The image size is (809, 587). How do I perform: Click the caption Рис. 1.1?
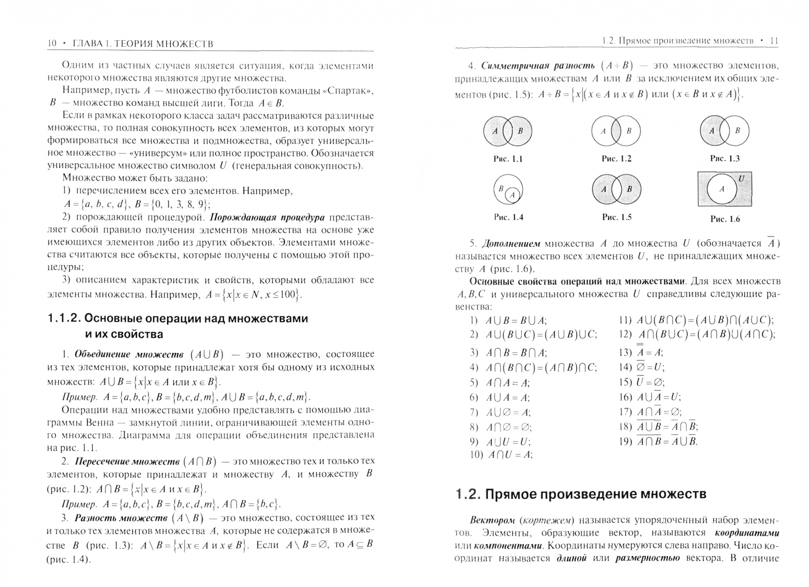(508, 159)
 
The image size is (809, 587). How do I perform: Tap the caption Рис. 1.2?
(616, 159)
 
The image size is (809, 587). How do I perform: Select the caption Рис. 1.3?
(725, 159)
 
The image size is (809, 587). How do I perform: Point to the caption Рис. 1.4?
(508, 217)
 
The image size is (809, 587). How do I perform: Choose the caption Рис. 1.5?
(616, 217)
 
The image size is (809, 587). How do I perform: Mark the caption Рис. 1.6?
(725, 219)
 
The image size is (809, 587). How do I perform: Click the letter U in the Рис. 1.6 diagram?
(742, 178)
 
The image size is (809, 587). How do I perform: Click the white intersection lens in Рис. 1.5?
(616, 189)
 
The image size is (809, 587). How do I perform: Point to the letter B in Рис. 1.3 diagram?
(738, 130)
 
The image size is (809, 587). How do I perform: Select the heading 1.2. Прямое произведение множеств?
(581, 494)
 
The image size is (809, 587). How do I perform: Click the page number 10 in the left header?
(52, 43)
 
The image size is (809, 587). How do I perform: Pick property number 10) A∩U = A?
(501, 455)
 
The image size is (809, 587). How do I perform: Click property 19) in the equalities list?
(658, 441)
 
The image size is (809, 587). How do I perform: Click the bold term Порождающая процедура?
(267, 217)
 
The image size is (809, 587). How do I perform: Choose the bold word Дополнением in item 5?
(511, 243)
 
